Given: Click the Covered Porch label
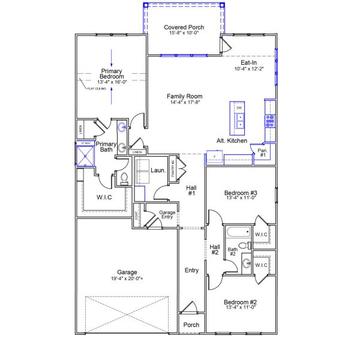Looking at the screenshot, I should click(x=184, y=27).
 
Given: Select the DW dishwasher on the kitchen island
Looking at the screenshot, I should click(x=239, y=107).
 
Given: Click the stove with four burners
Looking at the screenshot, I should click(x=270, y=119).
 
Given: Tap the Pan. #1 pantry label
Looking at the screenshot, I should click(x=262, y=152).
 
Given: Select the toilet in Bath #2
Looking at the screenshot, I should click(x=242, y=245).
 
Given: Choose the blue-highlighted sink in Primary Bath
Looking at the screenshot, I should click(x=122, y=127).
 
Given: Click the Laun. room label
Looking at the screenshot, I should click(x=158, y=170).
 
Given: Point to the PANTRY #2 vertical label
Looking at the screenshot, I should click(x=172, y=167).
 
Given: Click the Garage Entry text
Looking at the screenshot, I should click(x=167, y=214).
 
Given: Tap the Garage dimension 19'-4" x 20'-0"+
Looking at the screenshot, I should click(x=122, y=278).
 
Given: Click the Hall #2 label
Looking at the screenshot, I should click(x=215, y=250).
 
